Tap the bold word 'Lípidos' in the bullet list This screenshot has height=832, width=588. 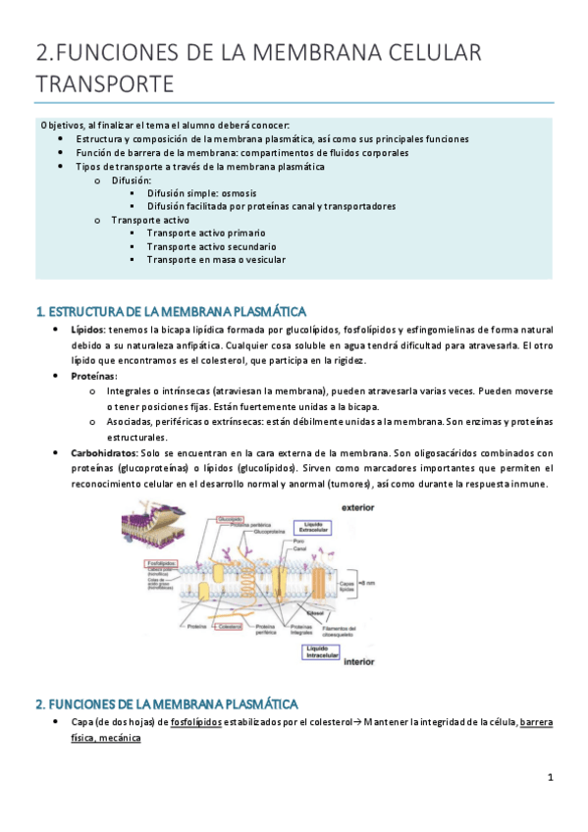pos(87,330)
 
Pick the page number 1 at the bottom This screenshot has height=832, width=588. pos(551,778)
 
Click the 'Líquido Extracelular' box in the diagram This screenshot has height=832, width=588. pos(320,527)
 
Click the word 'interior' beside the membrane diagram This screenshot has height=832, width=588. pos(360,661)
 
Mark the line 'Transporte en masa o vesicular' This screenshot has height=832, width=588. pos(216,259)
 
